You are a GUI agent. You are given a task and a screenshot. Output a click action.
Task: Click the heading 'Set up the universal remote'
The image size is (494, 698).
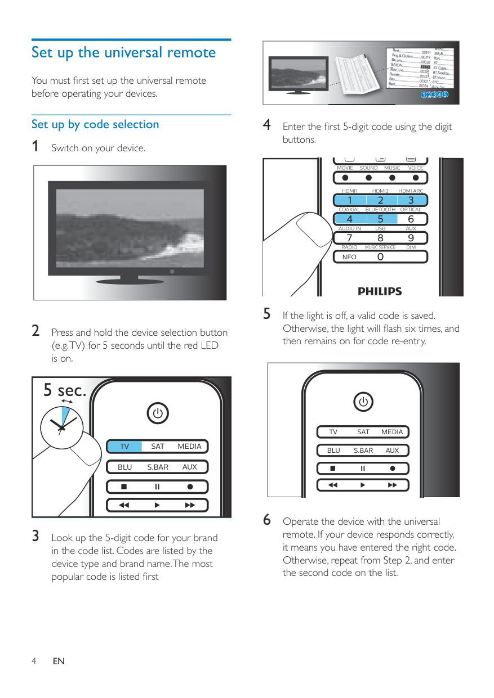click(x=123, y=53)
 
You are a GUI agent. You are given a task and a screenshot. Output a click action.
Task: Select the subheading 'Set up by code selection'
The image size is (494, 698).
click(x=95, y=124)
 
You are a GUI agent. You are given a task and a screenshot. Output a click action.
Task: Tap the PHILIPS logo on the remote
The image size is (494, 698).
click(x=380, y=291)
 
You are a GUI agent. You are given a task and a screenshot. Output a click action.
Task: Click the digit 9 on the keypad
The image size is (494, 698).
click(x=411, y=238)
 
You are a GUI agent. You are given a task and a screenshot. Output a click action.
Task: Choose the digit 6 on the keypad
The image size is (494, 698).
click(x=411, y=219)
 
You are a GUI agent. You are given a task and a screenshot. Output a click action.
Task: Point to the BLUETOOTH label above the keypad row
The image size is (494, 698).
click(x=380, y=210)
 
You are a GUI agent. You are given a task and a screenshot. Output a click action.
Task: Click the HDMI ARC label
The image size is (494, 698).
click(x=411, y=191)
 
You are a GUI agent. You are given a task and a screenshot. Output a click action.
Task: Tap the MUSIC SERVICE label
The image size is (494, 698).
click(x=380, y=247)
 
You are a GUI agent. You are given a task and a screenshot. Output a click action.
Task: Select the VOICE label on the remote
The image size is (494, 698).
click(x=416, y=168)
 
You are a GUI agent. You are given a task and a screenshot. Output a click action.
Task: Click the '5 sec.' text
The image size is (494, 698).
click(x=65, y=390)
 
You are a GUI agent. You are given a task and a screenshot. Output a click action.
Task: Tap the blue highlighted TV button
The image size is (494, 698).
click(x=124, y=447)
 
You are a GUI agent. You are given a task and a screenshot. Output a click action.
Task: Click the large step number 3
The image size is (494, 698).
click(x=35, y=536)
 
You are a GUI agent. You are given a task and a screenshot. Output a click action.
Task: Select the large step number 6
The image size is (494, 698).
click(x=267, y=520)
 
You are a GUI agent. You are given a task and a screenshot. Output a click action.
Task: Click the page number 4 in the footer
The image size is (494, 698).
click(x=34, y=661)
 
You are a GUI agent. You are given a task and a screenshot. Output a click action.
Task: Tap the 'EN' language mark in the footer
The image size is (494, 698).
click(x=59, y=661)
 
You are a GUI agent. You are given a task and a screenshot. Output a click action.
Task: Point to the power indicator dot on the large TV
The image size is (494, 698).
click(x=173, y=271)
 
